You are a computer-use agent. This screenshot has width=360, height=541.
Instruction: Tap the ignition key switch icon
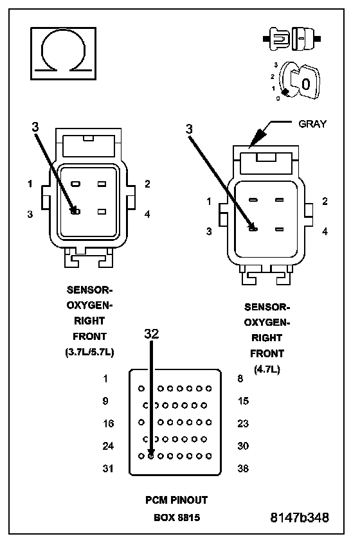pyautogui.click(x=296, y=82)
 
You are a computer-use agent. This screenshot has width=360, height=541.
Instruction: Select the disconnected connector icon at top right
pyautogui.click(x=292, y=39)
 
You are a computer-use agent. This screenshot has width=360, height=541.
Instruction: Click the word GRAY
pyautogui.click(x=312, y=124)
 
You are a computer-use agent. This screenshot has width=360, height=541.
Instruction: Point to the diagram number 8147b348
pyautogui.click(x=300, y=517)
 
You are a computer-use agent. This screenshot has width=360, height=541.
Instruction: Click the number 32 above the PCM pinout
pyautogui.click(x=152, y=333)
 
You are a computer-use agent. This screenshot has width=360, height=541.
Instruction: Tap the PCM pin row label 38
pyautogui.click(x=243, y=468)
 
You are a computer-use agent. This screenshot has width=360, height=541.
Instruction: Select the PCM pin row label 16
pyautogui.click(x=109, y=423)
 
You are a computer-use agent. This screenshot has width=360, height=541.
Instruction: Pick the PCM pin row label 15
pyautogui.click(x=244, y=401)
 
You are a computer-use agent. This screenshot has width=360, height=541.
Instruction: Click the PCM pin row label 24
pyautogui.click(x=108, y=446)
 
